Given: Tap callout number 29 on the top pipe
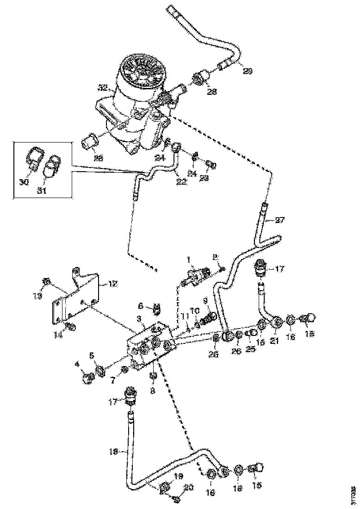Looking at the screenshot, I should tap(248, 70).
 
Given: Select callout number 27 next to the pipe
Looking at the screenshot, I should tap(280, 220).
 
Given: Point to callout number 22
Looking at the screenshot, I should tap(181, 182).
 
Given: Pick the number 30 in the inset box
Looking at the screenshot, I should tap(24, 182).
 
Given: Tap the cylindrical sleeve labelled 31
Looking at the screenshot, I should tap(51, 165).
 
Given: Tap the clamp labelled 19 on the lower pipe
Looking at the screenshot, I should tap(164, 487).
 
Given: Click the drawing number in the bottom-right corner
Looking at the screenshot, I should tap(354, 495).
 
